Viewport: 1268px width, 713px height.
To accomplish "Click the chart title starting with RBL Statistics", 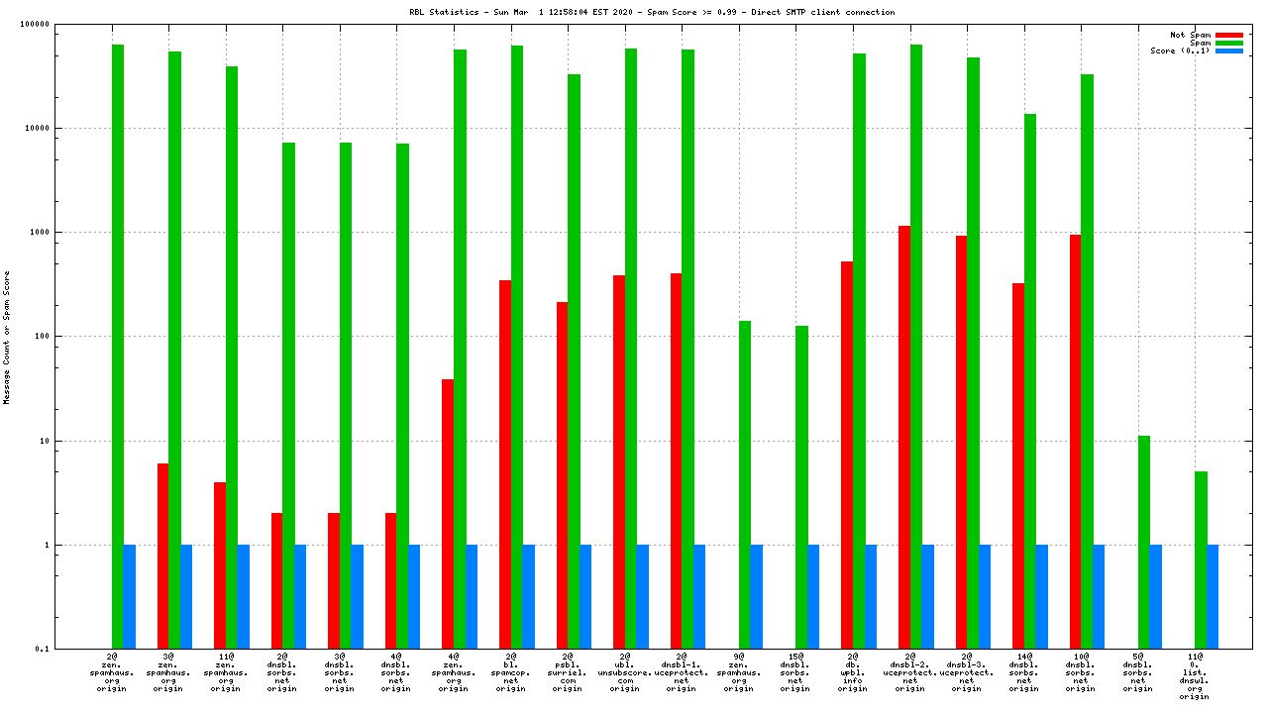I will tap(651, 12).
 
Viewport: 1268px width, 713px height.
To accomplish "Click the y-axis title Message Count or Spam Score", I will tap(7, 337).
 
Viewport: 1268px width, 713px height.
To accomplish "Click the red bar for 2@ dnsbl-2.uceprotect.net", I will tap(904, 437).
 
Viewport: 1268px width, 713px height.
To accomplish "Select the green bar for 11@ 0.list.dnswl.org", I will tap(1201, 560).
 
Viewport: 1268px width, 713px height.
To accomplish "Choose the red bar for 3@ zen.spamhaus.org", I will tap(162, 556).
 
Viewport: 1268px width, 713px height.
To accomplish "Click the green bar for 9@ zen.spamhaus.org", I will tap(745, 484).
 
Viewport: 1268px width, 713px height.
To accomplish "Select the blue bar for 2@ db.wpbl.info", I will tap(871, 596).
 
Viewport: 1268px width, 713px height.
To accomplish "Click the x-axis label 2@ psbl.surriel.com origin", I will tap(568, 671).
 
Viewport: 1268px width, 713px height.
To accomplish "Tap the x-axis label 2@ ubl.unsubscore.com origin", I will tap(624, 671).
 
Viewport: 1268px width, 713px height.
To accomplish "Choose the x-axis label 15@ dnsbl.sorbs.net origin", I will tap(795, 671).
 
